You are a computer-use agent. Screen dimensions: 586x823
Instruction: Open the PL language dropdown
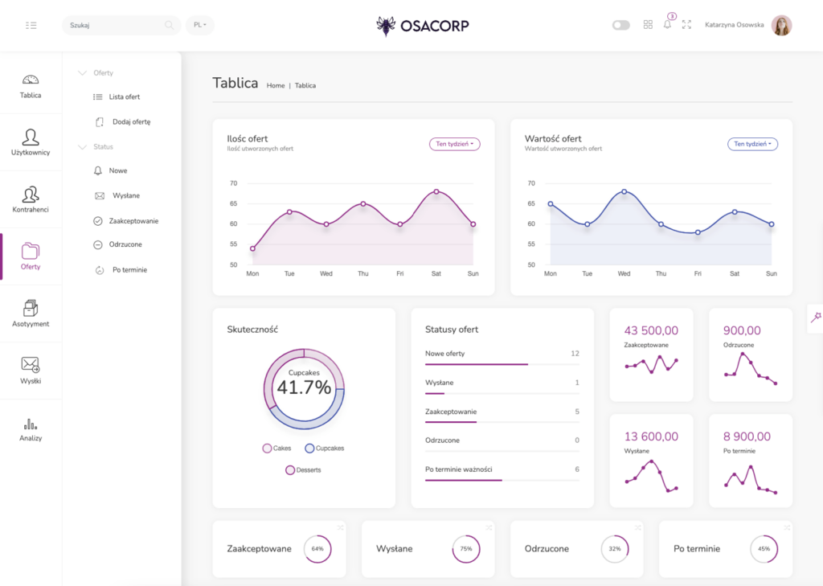pyautogui.click(x=199, y=25)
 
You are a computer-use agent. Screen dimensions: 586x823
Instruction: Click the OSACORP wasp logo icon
pyautogui.click(x=386, y=26)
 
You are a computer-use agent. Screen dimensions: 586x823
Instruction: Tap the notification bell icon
pyautogui.click(x=667, y=25)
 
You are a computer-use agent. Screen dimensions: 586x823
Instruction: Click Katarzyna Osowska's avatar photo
pyautogui.click(x=781, y=25)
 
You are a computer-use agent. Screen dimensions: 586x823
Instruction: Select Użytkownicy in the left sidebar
pyautogui.click(x=31, y=142)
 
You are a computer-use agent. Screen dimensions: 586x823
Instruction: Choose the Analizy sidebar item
pyautogui.click(x=31, y=429)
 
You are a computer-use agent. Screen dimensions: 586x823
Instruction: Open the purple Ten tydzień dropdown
pyautogui.click(x=454, y=144)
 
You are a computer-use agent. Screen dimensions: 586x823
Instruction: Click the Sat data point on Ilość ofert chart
pyautogui.click(x=436, y=191)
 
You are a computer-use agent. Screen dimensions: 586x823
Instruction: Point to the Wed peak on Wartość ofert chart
pyautogui.click(x=624, y=191)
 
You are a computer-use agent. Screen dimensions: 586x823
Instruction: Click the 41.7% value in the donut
pyautogui.click(x=304, y=387)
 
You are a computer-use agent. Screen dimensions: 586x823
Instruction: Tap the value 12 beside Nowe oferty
pyautogui.click(x=575, y=354)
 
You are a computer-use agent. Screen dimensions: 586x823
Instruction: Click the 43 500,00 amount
pyautogui.click(x=651, y=330)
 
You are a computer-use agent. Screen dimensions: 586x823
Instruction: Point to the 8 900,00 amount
pyautogui.click(x=747, y=436)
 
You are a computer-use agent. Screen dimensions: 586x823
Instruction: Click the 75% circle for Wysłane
pyautogui.click(x=466, y=549)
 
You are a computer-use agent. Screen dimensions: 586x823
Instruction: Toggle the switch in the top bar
pyautogui.click(x=620, y=25)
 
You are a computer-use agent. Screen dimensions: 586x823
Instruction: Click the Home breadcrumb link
pyautogui.click(x=276, y=85)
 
